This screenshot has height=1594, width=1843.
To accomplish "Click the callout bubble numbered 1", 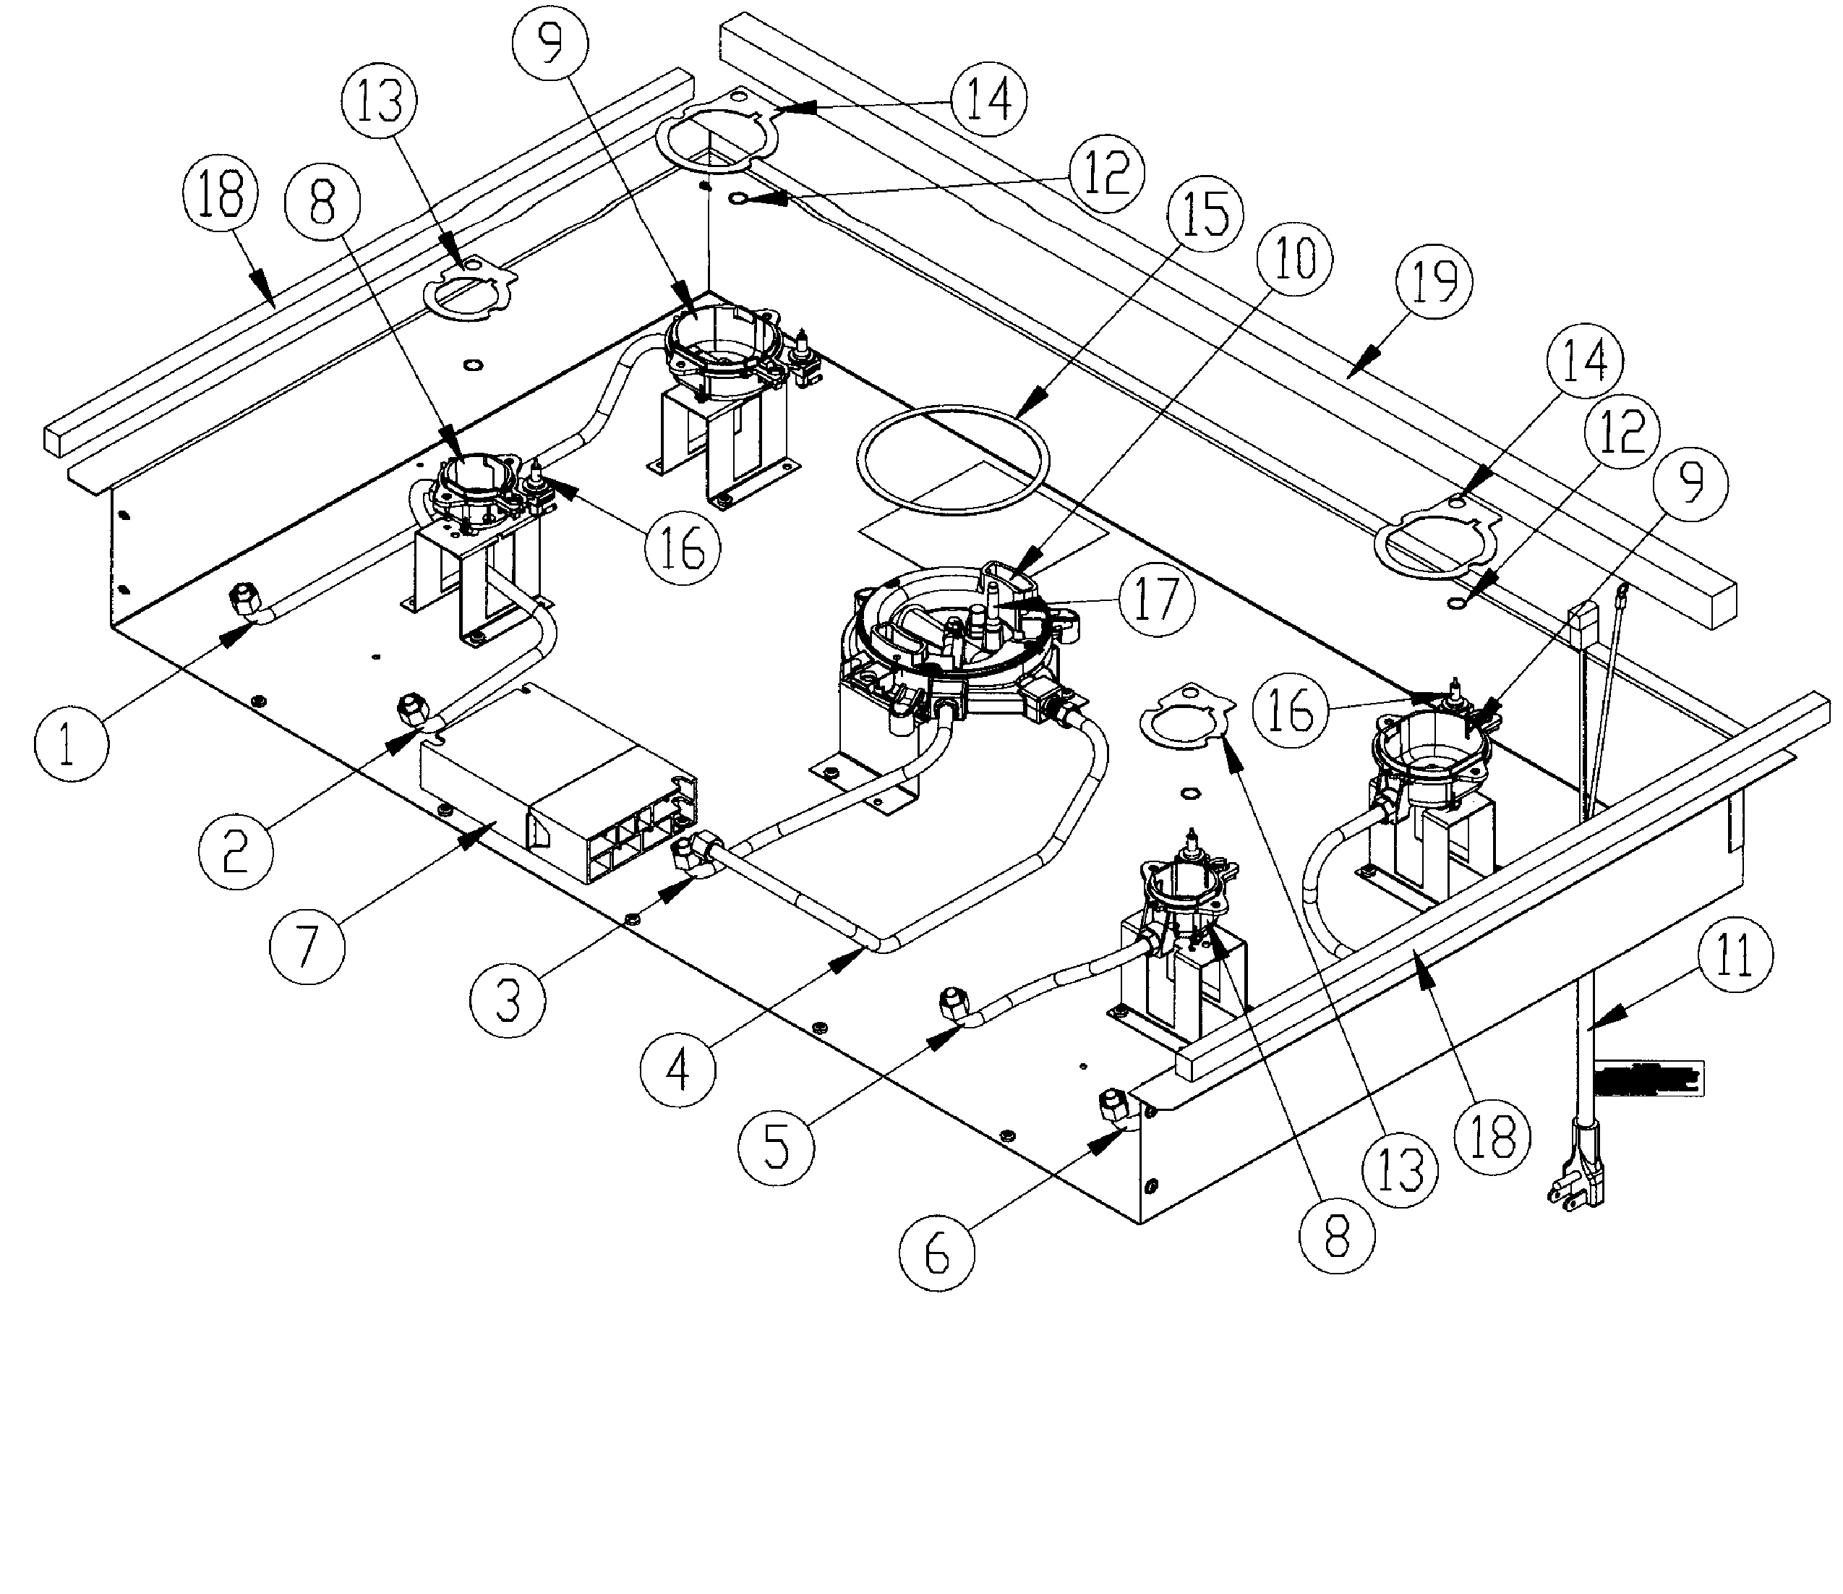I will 71,744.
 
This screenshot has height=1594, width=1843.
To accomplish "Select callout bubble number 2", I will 235,851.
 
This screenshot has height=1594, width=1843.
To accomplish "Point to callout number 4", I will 677,1070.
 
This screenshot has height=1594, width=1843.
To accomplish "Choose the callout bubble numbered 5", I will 777,1148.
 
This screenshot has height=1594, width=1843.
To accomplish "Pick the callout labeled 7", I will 307,945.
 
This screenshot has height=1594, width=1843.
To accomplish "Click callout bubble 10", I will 1294,259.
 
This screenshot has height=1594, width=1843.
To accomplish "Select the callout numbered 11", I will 1735,958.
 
